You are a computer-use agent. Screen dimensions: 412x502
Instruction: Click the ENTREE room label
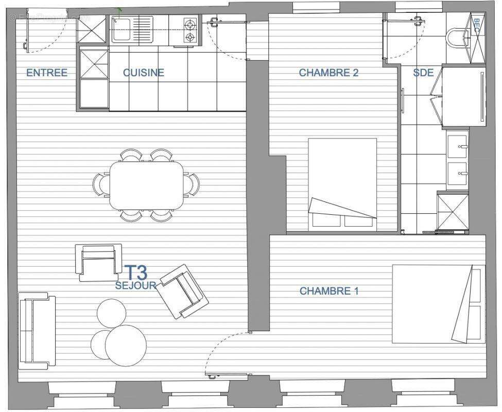pyautogui.click(x=47, y=73)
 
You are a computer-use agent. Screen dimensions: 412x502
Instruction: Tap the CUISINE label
pyautogui.click(x=143, y=73)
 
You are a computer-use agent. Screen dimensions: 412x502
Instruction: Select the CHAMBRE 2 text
pyautogui.click(x=328, y=73)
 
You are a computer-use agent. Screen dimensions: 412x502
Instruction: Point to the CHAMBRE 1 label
pyautogui.click(x=329, y=291)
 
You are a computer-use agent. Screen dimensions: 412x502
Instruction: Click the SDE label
pyautogui.click(x=423, y=73)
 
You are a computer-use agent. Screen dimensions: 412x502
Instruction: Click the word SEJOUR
pyautogui.click(x=136, y=285)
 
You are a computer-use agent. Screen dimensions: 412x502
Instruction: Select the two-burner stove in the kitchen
pyautogui.click(x=191, y=30)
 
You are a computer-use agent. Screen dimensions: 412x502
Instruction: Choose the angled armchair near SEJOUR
pyautogui.click(x=183, y=291)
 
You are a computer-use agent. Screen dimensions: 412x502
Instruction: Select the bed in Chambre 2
pyautogui.click(x=342, y=184)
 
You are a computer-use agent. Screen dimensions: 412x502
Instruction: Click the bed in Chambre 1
pyautogui.click(x=438, y=304)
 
